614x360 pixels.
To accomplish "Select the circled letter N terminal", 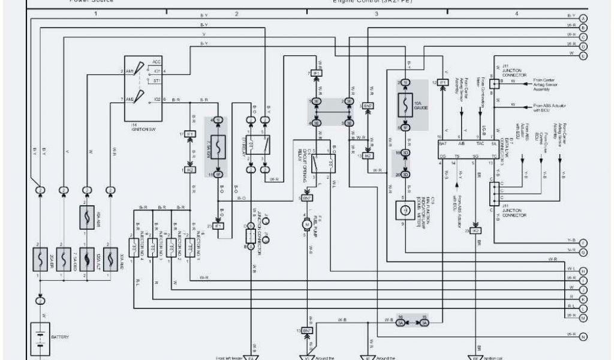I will click(x=583, y=337).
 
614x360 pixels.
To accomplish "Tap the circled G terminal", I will click(x=583, y=252).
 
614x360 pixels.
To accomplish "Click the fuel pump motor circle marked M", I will click(x=306, y=224).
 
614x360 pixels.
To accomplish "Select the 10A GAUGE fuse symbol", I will click(x=406, y=105).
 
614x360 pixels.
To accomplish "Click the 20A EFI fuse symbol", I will click(x=40, y=259).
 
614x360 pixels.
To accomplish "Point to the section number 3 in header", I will click(x=376, y=13).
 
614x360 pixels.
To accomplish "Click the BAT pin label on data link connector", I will click(x=443, y=145).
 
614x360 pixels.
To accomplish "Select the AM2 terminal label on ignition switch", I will click(x=130, y=98).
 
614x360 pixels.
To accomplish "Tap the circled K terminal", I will click(x=583, y=298).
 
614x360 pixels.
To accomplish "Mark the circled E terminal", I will click(x=583, y=55).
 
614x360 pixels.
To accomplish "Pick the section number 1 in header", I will click(x=95, y=13).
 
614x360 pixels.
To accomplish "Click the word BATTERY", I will click(x=60, y=337).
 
